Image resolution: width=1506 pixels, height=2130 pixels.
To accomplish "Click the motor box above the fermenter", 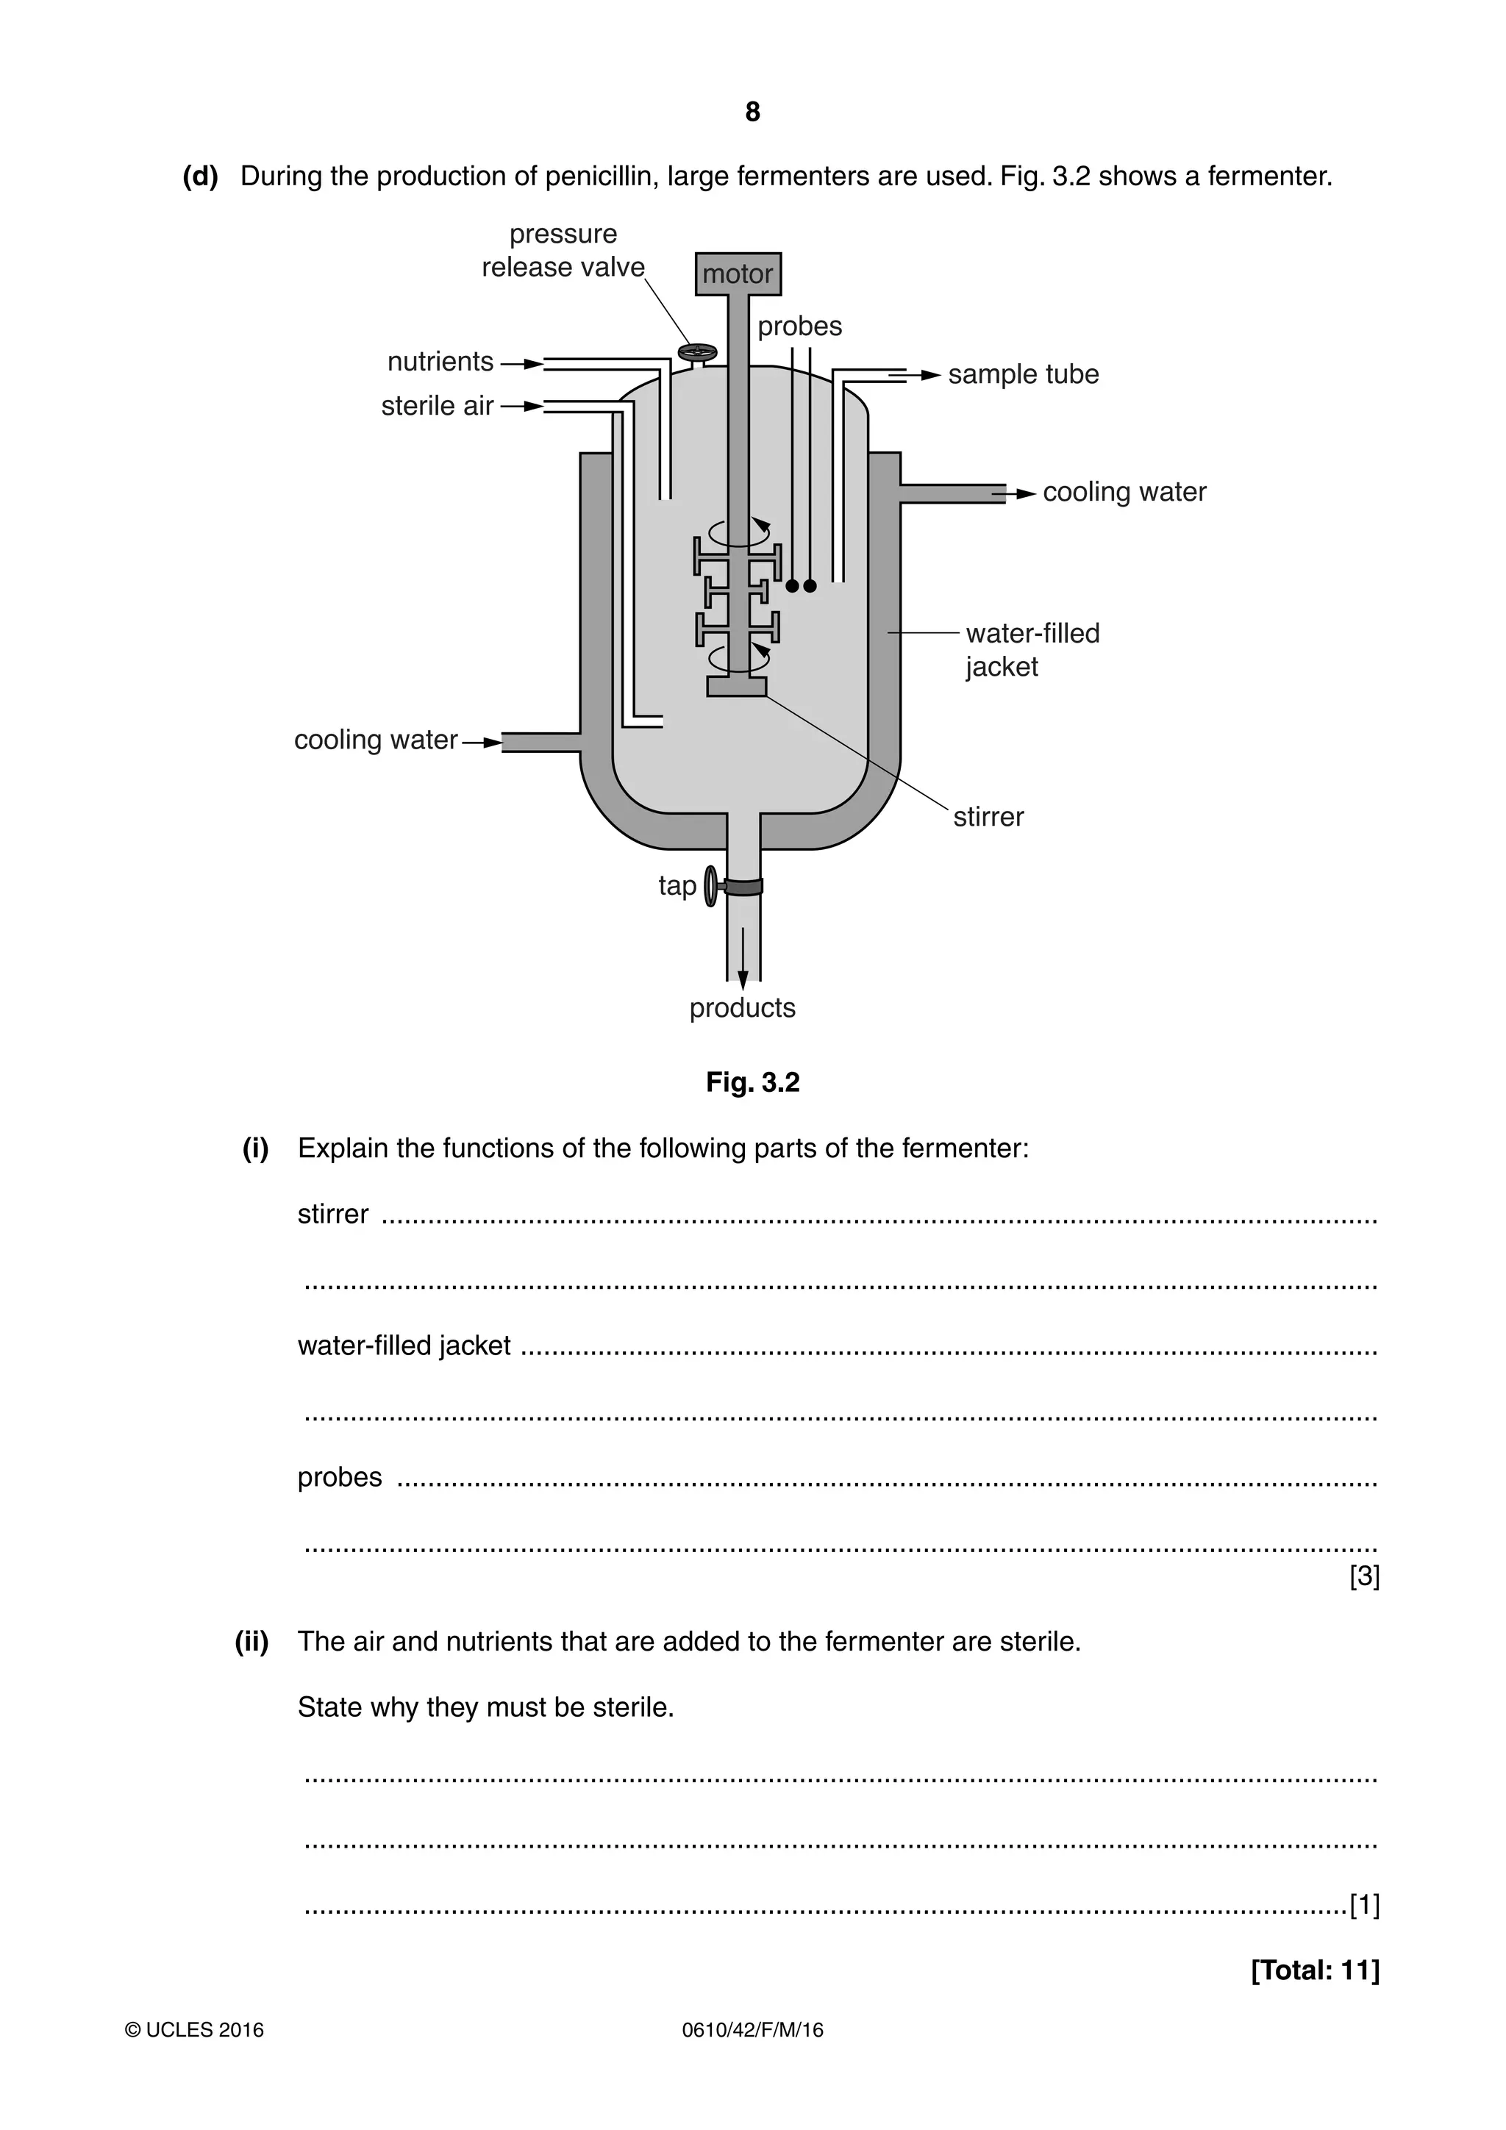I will click(738, 274).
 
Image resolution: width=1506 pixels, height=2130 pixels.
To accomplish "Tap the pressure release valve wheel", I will click(697, 351).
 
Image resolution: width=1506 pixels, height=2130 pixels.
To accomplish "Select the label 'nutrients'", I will click(440, 362).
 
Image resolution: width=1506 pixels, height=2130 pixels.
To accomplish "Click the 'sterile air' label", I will click(437, 407).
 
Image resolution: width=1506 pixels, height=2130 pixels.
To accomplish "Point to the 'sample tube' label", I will click(1023, 375).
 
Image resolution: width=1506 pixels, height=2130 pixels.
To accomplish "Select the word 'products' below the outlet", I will click(742, 1009).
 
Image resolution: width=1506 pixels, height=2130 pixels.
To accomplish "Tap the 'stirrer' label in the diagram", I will click(988, 818).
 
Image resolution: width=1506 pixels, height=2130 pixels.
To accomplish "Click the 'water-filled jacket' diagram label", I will click(1031, 649).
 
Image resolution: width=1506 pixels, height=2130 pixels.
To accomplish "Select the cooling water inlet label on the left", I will click(376, 740).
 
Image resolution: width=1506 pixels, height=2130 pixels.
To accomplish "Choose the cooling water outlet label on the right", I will click(1124, 493).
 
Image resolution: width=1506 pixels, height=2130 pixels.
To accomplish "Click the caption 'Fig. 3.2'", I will click(752, 1082).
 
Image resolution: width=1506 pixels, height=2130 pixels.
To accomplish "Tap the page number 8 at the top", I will click(752, 112).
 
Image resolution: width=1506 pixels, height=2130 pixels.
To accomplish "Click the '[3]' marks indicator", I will click(1364, 1576).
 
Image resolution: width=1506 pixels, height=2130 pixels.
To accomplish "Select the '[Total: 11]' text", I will click(1314, 1970).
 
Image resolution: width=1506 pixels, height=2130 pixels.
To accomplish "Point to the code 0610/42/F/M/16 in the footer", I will click(752, 2056).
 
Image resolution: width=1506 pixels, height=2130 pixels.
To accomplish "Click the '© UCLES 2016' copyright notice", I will click(195, 2056).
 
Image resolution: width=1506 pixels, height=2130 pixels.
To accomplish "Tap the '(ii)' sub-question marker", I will click(251, 1642).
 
